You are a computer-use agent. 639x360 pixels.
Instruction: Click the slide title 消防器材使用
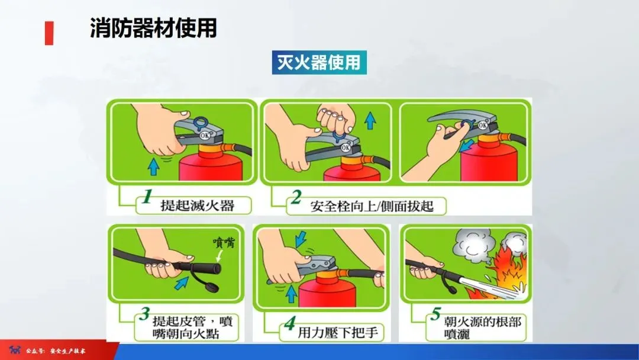click(153, 28)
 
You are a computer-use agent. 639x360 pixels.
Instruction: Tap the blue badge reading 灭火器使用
click(319, 62)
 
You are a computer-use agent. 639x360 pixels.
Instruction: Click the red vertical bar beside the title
click(49, 33)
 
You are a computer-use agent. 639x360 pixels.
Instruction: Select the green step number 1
click(147, 196)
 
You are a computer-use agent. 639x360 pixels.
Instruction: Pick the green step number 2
click(296, 197)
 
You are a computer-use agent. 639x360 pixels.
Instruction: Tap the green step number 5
click(435, 314)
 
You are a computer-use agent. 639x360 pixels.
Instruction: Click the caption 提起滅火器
click(197, 205)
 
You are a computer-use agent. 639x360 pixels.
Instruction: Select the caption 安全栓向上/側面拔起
click(372, 206)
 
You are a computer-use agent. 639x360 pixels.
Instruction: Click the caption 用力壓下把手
click(338, 332)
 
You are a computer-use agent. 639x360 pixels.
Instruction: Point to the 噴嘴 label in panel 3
click(224, 243)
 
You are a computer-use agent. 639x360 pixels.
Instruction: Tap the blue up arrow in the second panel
click(370, 121)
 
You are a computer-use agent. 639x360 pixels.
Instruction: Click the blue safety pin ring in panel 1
click(201, 123)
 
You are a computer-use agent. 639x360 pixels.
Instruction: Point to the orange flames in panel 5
click(508, 272)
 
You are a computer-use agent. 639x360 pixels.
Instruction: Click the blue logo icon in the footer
click(15, 350)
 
